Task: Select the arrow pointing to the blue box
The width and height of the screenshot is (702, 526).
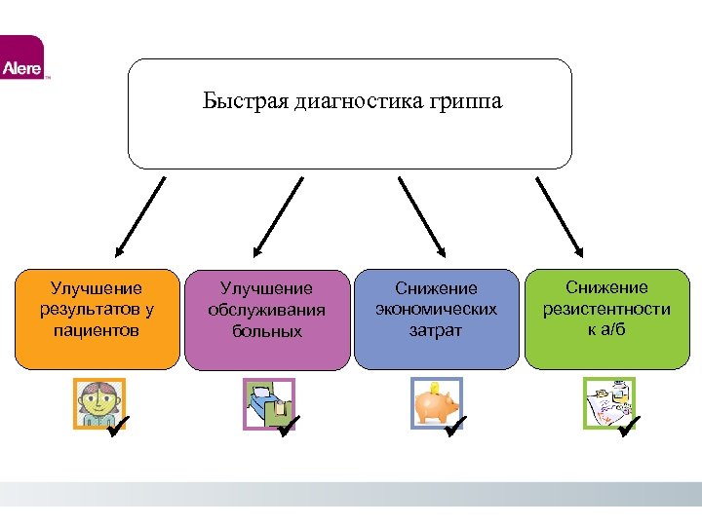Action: coord(421,215)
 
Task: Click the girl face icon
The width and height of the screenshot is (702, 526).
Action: coord(97,403)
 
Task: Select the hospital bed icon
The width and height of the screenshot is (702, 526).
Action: coord(265,403)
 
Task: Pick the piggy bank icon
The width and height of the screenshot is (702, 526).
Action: coord(434,402)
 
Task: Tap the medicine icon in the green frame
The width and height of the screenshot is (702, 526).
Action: coord(606,402)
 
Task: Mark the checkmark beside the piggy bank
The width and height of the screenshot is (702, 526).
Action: coord(455,425)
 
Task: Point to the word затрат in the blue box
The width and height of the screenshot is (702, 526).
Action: coord(436,330)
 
